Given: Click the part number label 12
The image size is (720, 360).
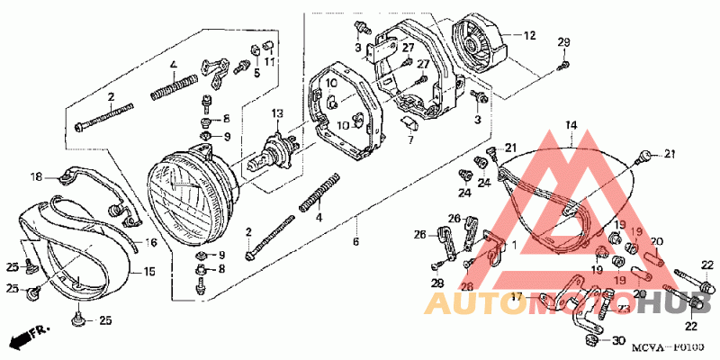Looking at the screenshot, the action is click(530, 36).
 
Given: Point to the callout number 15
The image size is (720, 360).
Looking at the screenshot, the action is click(150, 270).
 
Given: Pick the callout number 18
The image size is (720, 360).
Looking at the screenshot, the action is click(37, 176).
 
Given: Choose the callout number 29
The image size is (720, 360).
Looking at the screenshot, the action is click(564, 43).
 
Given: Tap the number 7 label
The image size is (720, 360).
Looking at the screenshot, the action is click(410, 139).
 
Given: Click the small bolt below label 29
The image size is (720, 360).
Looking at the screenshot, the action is click(564, 63).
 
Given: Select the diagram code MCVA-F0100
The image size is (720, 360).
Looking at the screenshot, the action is click(667, 346).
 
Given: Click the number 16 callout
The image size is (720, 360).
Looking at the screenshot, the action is click(150, 243).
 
